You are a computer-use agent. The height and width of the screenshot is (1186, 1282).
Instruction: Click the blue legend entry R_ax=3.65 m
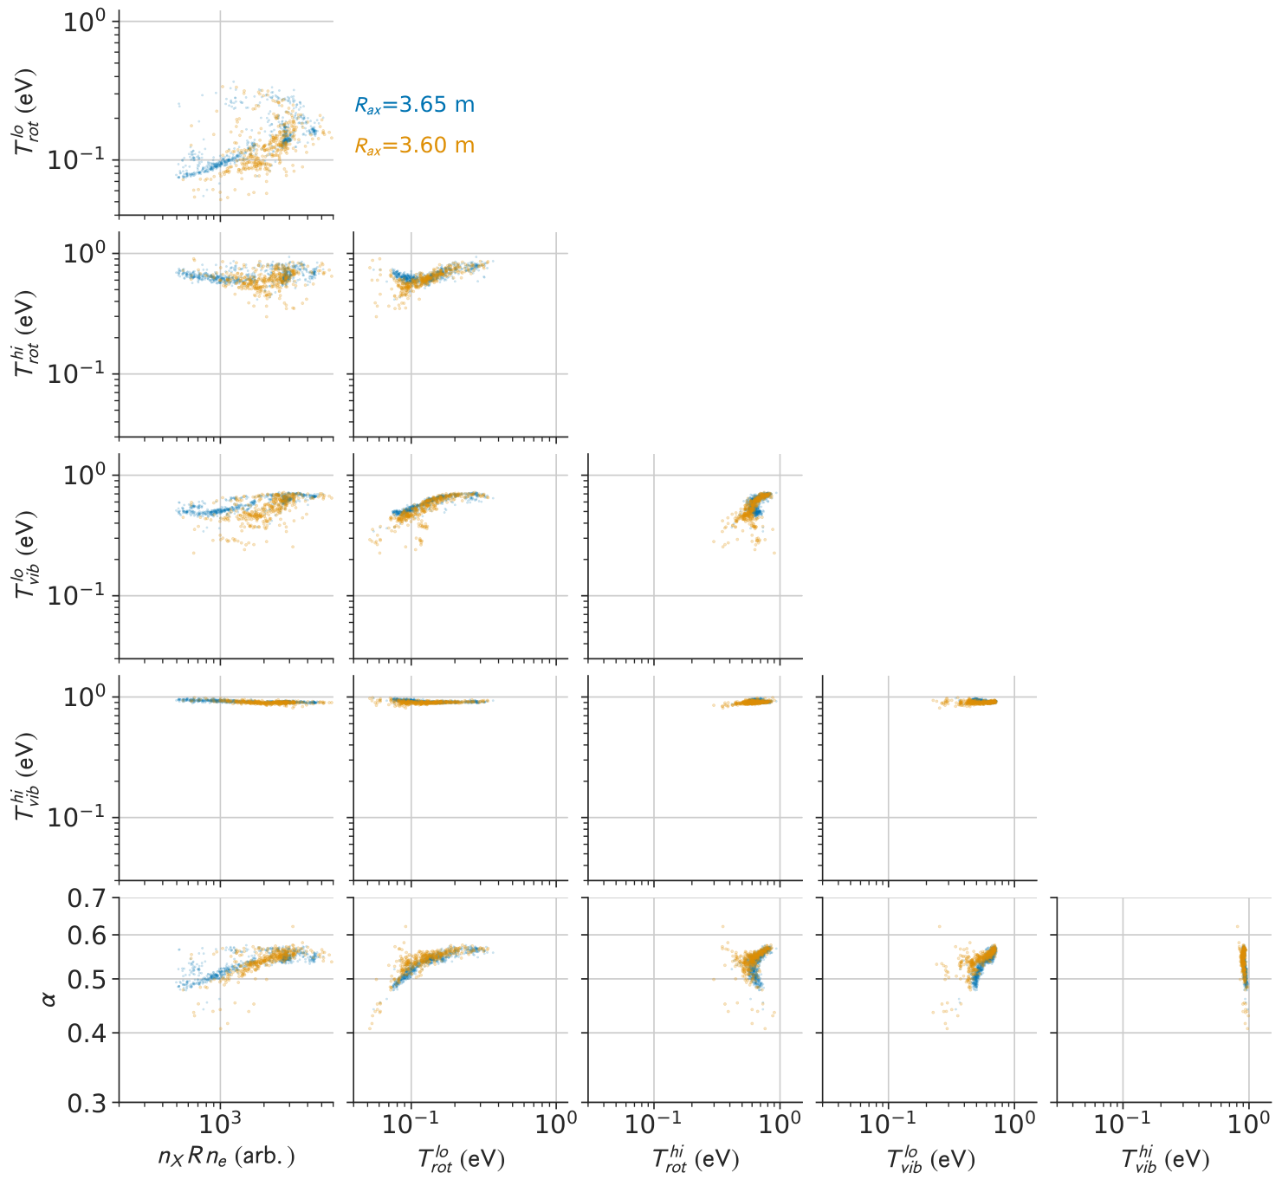click(414, 105)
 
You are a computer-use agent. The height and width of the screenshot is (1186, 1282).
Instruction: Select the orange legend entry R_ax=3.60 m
click(414, 146)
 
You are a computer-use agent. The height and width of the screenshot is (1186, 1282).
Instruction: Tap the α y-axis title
click(48, 1000)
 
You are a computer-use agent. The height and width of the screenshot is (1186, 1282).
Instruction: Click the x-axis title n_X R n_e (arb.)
click(227, 1156)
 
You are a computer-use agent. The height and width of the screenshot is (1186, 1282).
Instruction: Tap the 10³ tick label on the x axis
click(220, 1123)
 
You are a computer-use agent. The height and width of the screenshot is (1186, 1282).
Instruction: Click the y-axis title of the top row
click(27, 113)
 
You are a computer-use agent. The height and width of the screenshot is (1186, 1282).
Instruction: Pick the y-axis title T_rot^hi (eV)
click(27, 334)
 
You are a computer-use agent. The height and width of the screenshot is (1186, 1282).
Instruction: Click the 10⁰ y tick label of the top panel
click(83, 23)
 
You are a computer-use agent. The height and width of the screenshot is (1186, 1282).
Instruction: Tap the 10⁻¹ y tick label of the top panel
click(77, 159)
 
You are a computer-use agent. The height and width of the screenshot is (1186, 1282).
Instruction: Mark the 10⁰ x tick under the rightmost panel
click(1248, 1124)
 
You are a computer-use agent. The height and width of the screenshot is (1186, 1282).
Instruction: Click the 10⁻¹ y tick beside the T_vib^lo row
click(77, 594)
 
